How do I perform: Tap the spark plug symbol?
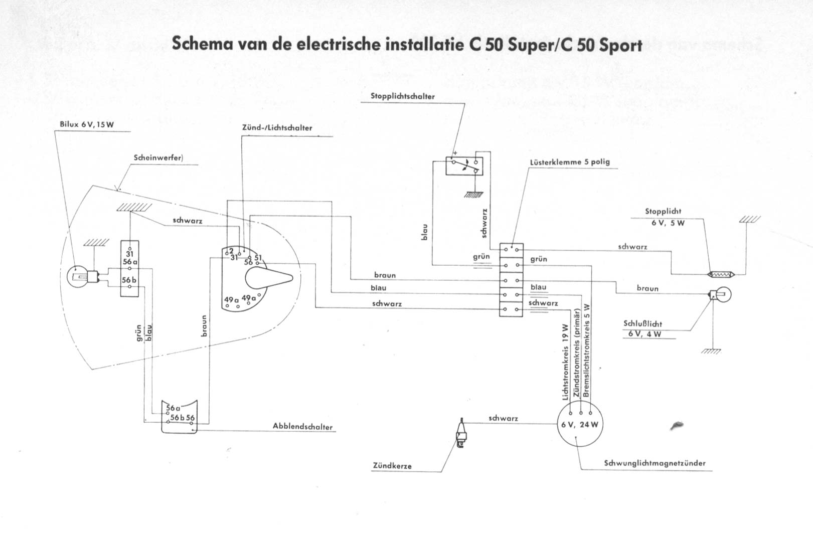point(461,432)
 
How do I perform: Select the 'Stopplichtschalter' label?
point(403,96)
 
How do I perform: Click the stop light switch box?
point(464,166)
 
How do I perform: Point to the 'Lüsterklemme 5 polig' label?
point(570,162)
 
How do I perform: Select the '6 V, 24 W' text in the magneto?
point(581,425)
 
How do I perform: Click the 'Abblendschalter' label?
point(302,427)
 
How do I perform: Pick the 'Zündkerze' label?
point(392,466)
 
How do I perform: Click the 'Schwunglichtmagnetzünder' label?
point(655,463)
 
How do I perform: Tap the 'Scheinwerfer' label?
point(158,157)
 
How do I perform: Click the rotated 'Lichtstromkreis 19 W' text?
point(565,361)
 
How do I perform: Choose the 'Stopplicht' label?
point(663,212)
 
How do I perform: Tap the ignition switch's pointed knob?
point(268,277)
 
